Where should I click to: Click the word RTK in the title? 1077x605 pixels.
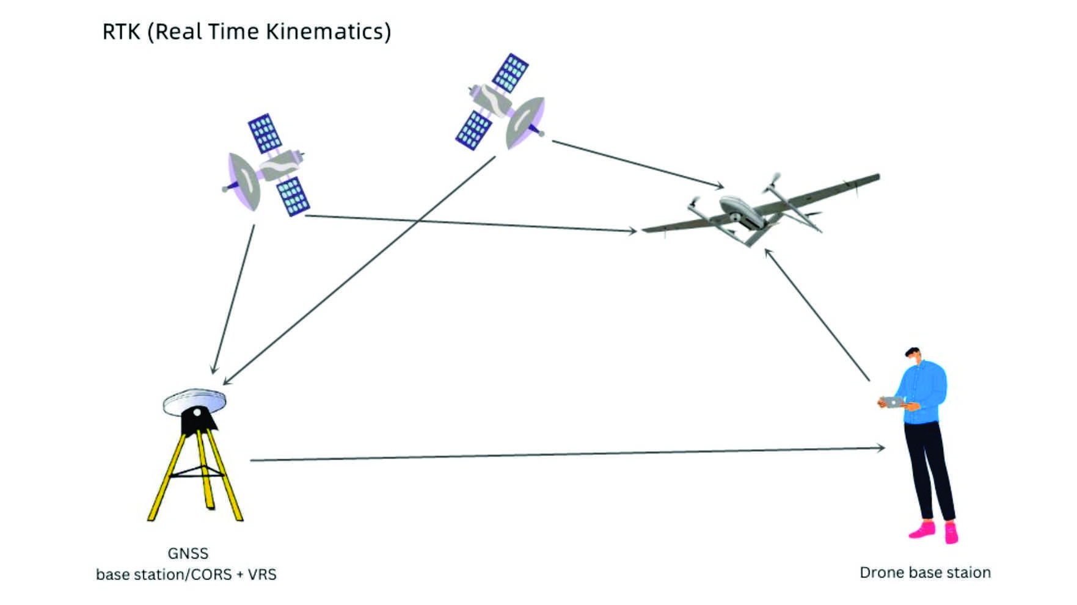click(x=121, y=32)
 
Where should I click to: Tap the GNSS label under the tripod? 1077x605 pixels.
click(x=188, y=553)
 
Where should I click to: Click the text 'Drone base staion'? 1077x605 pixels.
click(x=925, y=573)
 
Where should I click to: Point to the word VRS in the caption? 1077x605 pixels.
click(x=262, y=574)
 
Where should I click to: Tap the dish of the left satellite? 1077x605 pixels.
click(x=244, y=181)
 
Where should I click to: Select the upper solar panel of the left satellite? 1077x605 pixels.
click(x=265, y=133)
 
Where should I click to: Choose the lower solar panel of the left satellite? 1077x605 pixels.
click(x=293, y=196)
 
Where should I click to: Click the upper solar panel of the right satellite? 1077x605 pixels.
click(x=510, y=73)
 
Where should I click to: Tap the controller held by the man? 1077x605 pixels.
click(x=893, y=402)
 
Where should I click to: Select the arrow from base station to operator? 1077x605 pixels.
click(x=568, y=454)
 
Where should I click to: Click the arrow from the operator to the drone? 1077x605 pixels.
click(x=817, y=314)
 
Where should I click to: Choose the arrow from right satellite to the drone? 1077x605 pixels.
click(x=638, y=164)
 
